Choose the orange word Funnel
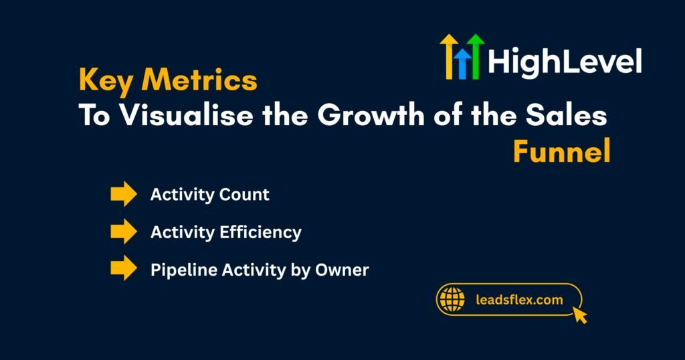561,153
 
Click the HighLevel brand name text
565,62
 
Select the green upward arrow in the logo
476,57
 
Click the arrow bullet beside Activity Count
123,195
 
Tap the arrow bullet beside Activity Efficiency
123,232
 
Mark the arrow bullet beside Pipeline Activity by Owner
123,270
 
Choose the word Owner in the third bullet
345,270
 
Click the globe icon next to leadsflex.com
453,299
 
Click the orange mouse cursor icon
579,314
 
